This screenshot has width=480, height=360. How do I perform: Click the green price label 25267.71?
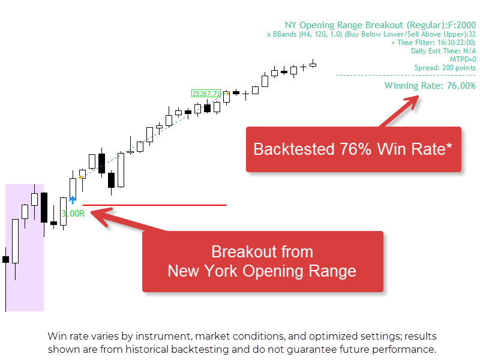[206, 94]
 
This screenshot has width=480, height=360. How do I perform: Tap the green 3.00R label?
[73, 214]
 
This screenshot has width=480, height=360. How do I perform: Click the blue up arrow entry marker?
[73, 200]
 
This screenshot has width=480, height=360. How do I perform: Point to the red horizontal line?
[155, 205]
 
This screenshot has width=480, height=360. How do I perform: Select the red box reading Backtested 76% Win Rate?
[353, 149]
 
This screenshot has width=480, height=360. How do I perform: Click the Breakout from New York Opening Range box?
[263, 262]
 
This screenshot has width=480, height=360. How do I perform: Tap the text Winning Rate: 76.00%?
[430, 86]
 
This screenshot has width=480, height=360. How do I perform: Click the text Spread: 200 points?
[445, 68]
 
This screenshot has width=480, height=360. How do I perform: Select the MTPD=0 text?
[463, 59]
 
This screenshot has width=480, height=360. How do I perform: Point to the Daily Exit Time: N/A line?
[443, 51]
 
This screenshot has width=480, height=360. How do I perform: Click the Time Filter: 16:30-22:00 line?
[433, 43]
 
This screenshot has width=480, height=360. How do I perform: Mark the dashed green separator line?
[406, 75]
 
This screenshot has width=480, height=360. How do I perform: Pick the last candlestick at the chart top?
[313, 64]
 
